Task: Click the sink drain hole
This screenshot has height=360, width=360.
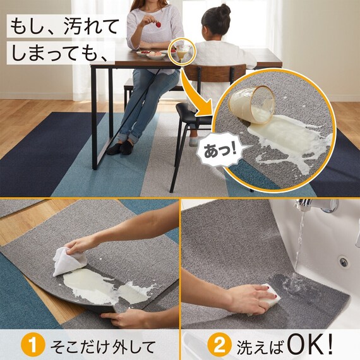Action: [x=344, y=261]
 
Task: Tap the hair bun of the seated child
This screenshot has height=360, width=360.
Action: [x=225, y=10]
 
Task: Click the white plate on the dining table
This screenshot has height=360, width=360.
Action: [x=155, y=56]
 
